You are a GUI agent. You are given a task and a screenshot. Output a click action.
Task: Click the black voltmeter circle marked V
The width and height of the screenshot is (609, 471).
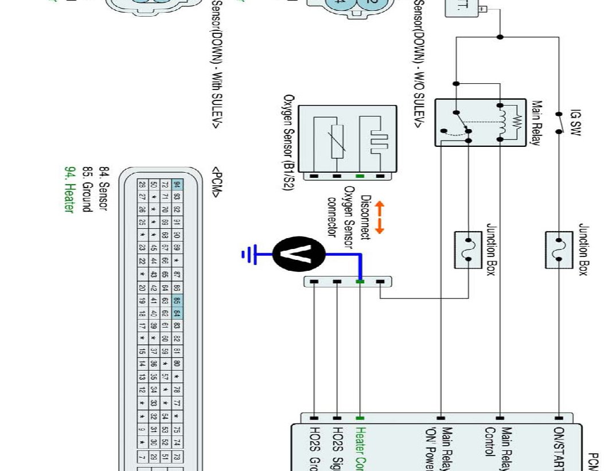coord(299,254)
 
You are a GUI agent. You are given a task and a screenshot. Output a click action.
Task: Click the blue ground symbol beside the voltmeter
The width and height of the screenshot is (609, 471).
coord(248,254)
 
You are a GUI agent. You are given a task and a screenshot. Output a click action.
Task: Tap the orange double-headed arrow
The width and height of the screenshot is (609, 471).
coord(380,218)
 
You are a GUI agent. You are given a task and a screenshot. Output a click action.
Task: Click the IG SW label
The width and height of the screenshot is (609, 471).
coord(575,124)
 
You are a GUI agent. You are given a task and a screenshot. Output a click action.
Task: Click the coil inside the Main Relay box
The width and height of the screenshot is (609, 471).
coord(502,122)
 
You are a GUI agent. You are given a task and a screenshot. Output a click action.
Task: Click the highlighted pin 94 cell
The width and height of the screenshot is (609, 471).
coord(177,185)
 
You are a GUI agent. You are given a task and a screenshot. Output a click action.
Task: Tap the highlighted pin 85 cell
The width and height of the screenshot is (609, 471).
coord(177,299)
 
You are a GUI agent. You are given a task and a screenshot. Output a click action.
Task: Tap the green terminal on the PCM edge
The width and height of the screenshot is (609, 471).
coord(360,418)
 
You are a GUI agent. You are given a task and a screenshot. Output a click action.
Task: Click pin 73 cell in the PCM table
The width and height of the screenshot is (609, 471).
coord(177,457)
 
